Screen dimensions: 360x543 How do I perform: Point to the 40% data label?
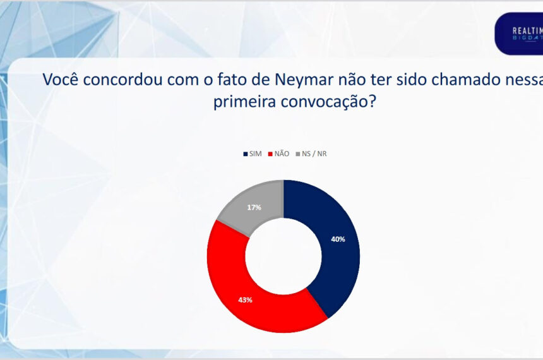[338, 239]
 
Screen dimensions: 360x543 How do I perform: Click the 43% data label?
[245, 300]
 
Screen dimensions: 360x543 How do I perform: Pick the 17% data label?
[255, 207]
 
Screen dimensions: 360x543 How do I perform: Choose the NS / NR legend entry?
[314, 153]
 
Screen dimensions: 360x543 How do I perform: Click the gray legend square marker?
[298, 153]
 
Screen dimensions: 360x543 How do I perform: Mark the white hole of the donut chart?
[283, 256]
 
